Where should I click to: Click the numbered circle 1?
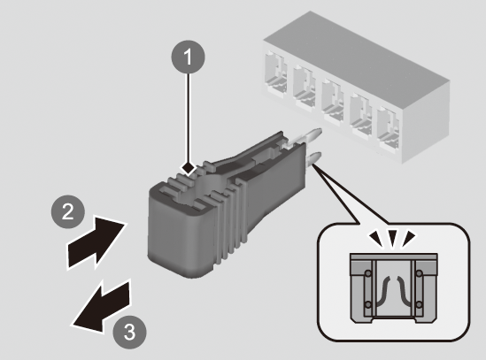click(189, 57)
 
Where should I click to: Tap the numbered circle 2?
click(68, 212)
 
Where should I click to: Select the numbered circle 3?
click(129, 332)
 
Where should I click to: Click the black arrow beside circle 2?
click(96, 242)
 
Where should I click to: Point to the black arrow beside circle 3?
click(101, 307)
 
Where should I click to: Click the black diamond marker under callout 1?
click(189, 168)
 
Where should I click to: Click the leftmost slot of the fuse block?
click(275, 73)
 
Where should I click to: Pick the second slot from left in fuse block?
click(305, 86)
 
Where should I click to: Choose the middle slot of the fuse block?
click(333, 100)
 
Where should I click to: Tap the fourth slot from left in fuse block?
click(361, 114)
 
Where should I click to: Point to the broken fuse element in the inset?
click(393, 291)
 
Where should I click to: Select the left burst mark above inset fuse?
click(377, 238)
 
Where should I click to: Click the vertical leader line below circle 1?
click(188, 118)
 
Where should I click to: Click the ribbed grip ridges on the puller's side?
click(230, 217)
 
